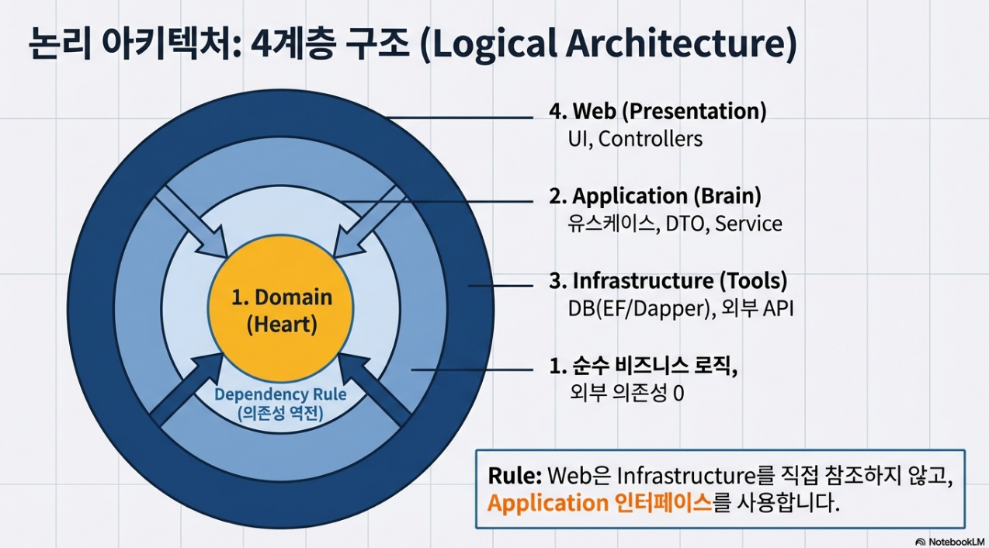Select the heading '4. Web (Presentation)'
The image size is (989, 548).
tap(658, 111)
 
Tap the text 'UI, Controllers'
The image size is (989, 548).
tap(635, 139)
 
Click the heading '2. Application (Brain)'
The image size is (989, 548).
tap(655, 196)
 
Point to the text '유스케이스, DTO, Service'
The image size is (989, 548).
tap(675, 224)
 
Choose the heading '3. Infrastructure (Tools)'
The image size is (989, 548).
tap(668, 280)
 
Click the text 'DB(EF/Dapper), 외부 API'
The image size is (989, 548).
tap(680, 308)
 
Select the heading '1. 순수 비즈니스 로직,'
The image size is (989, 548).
tap(643, 365)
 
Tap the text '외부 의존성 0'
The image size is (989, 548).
tap(626, 393)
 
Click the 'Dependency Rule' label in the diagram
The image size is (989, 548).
tap(280, 394)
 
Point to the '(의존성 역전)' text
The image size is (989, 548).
tap(280, 414)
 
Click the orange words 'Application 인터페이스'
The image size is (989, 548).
tap(599, 503)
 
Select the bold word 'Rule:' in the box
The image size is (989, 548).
tap(515, 475)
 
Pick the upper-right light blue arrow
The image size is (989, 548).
tap(370, 221)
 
